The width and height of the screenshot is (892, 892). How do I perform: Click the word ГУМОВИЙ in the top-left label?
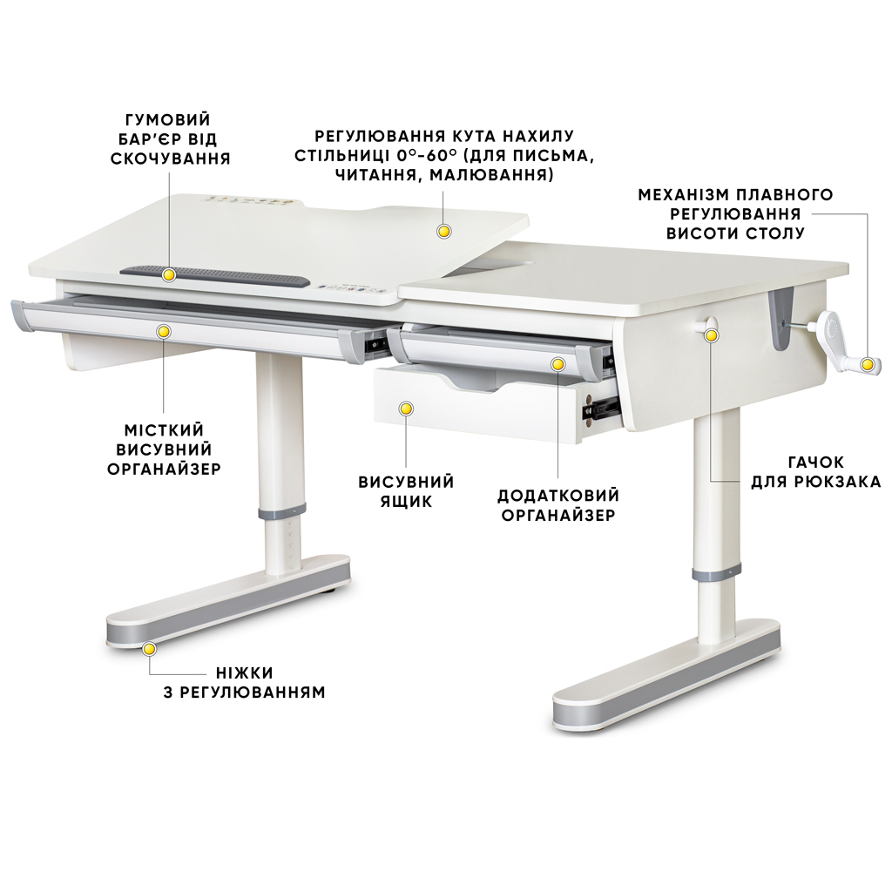[168, 119]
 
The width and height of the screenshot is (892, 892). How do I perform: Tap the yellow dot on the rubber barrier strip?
[169, 274]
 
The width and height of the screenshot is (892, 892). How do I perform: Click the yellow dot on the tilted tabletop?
[443, 231]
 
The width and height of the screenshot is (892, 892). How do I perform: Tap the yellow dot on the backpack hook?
[711, 334]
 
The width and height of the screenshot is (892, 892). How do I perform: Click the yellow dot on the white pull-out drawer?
[405, 408]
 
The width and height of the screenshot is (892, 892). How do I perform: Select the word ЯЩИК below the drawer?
[406, 501]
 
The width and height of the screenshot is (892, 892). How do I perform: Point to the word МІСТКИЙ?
[164, 430]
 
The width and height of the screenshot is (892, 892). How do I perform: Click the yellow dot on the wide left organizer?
[164, 331]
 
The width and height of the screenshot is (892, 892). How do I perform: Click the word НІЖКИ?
[245, 673]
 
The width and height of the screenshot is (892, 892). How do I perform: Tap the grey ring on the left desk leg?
[280, 510]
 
